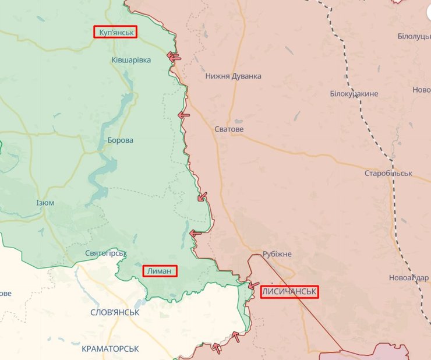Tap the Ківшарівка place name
[x=131, y=60]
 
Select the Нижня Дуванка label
[x=233, y=76]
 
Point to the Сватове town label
[x=229, y=129]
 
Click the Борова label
[x=120, y=140]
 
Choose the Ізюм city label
[x=45, y=203]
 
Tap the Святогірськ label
[x=105, y=253]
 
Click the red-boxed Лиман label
[x=159, y=271]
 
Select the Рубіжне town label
[x=277, y=254]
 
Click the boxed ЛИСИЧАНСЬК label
[x=289, y=292]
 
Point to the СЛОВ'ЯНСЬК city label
[x=115, y=312]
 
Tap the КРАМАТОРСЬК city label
[x=110, y=348]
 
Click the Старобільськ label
[x=388, y=174]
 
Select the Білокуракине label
[x=354, y=94]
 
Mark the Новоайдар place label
[x=408, y=277]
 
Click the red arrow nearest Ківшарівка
[x=174, y=57]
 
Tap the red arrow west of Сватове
[x=183, y=115]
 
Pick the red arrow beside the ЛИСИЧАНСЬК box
[x=253, y=285]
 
